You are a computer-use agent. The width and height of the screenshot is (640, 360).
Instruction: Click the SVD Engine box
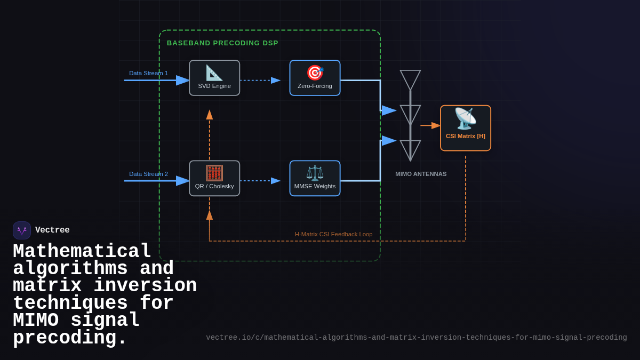click(x=214, y=78)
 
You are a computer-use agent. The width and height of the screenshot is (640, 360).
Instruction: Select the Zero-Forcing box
click(x=315, y=78)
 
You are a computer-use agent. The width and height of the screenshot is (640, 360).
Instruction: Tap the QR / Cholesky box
click(x=214, y=178)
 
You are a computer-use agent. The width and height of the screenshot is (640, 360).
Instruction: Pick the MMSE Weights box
click(x=315, y=178)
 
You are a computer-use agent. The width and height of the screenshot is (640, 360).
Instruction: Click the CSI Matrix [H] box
click(x=465, y=128)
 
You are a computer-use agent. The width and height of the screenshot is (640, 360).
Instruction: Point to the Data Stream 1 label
click(x=148, y=73)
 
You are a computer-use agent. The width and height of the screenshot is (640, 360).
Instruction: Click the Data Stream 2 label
click(x=148, y=174)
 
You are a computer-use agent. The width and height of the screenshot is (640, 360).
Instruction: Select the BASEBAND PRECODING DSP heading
click(x=222, y=43)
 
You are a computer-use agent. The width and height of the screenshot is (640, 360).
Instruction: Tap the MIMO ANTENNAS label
click(x=421, y=174)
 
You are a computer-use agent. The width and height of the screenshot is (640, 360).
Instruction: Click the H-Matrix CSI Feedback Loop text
click(x=333, y=234)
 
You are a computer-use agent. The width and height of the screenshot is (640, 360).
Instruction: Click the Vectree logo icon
click(x=22, y=230)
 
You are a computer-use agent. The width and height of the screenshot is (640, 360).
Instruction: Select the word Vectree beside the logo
click(x=52, y=230)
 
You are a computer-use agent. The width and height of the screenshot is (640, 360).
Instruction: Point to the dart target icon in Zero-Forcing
click(x=315, y=73)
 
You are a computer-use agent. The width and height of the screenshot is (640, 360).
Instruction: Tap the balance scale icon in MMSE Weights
click(x=315, y=173)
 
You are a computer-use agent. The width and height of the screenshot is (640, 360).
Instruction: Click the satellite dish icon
click(x=465, y=118)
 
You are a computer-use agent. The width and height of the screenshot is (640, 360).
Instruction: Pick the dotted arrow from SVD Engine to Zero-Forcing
click(x=260, y=81)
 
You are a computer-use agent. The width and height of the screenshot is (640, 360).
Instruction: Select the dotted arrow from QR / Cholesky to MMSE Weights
click(x=260, y=181)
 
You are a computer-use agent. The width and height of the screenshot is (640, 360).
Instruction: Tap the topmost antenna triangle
click(x=410, y=79)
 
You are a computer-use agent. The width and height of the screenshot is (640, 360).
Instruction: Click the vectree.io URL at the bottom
click(x=416, y=338)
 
